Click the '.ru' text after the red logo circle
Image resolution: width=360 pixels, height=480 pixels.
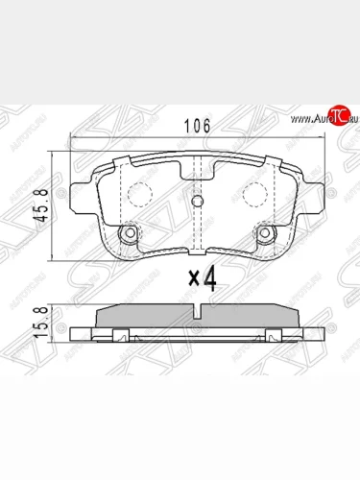click(x=348, y=117)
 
